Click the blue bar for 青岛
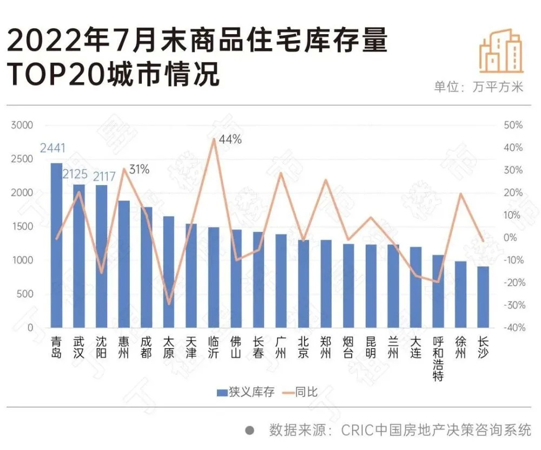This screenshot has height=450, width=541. pos(56,245)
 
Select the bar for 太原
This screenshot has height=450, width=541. pos(169,272)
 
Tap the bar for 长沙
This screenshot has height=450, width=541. pos(483,297)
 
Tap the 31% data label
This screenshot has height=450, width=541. pos(138,169)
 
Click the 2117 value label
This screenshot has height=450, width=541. pos(104,177)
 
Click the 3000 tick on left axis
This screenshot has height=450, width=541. pos(22,125)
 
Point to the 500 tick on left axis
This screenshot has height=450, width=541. pos(24,294)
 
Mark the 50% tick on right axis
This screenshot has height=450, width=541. pos(513,125)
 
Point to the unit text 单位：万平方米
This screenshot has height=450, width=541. pos(478,87)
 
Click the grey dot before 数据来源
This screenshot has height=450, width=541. pos(250,430)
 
